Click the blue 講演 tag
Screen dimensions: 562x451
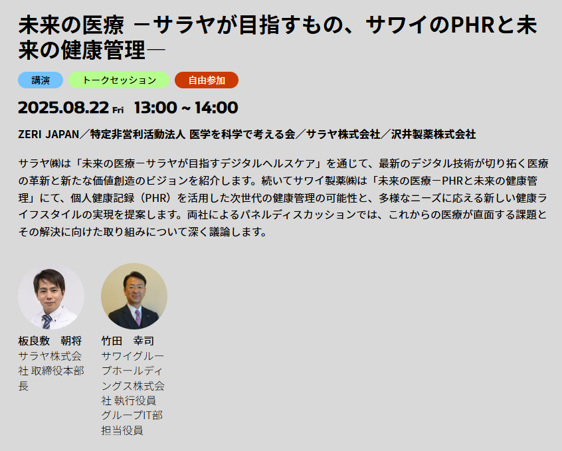[x=41, y=80]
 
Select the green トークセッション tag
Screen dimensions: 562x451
[x=119, y=80]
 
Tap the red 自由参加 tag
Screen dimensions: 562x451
[x=207, y=80]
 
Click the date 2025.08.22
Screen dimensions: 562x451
[x=63, y=108]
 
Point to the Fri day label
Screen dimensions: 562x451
[x=118, y=110]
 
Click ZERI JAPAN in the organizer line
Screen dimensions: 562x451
[x=48, y=134]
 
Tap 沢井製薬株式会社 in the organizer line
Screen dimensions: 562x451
[x=433, y=134]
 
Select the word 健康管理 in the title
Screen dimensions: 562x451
[x=103, y=50]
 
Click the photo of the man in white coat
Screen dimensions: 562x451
[x=51, y=296]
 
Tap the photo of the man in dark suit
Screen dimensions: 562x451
[x=134, y=296]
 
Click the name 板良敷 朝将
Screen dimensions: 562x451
[x=50, y=341]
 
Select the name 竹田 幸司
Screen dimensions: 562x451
[x=128, y=341]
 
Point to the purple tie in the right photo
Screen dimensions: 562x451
[x=138, y=317]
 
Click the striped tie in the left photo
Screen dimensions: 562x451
[x=47, y=321]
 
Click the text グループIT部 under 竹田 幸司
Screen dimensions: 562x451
[x=132, y=415]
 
